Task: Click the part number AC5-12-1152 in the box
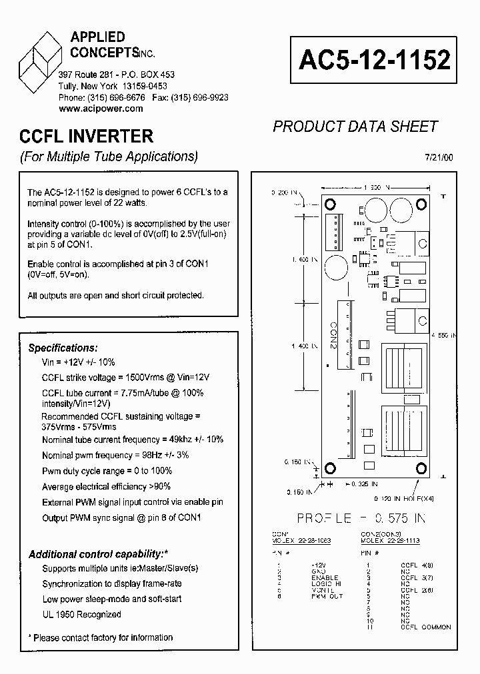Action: tap(375, 60)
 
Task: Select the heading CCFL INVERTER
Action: tap(86, 137)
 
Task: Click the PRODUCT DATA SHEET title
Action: tap(355, 126)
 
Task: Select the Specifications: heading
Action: tap(63, 348)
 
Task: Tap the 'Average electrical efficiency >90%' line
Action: tap(106, 486)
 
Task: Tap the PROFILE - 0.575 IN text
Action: tap(361, 519)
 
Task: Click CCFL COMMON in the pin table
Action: tap(425, 627)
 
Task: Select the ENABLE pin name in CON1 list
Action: tap(325, 577)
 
